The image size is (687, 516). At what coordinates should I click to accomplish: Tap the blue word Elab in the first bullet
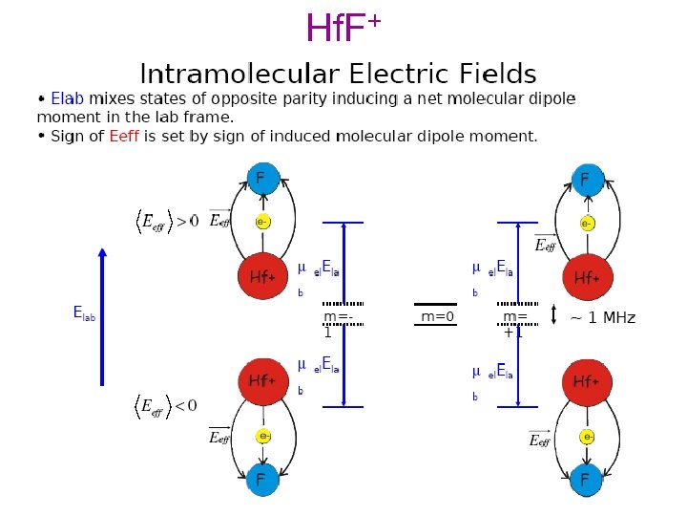pyautogui.click(x=68, y=98)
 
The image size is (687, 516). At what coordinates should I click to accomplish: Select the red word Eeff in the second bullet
pyautogui.click(x=124, y=136)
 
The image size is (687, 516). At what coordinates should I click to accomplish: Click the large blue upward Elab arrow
pyautogui.click(x=102, y=315)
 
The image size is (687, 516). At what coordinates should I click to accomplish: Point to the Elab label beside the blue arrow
pyautogui.click(x=84, y=312)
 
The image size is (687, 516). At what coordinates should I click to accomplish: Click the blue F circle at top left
pyautogui.click(x=260, y=178)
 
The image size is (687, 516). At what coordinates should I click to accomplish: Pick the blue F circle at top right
pyautogui.click(x=586, y=179)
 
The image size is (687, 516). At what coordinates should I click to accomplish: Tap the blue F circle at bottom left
pyautogui.click(x=260, y=478)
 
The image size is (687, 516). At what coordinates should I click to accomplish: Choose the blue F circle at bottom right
pyautogui.click(x=586, y=479)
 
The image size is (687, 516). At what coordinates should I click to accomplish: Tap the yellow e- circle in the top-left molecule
pyautogui.click(x=261, y=222)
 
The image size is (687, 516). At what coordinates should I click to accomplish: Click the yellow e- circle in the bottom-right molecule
pyautogui.click(x=588, y=436)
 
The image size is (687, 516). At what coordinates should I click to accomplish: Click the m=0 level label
pyautogui.click(x=438, y=316)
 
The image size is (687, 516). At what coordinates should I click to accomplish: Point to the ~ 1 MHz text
pyautogui.click(x=602, y=317)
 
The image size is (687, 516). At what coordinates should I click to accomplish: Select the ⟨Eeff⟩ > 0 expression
pyautogui.click(x=164, y=222)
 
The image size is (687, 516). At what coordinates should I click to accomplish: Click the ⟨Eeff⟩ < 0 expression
pyautogui.click(x=164, y=406)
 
